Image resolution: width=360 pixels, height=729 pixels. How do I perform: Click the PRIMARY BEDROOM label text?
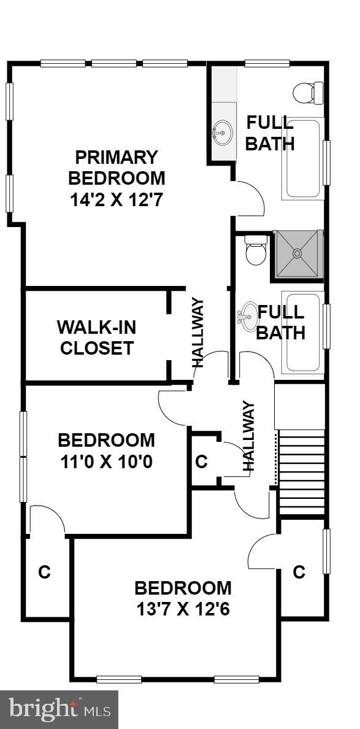click(x=117, y=168)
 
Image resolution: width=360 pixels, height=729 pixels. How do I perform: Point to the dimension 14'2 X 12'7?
click(x=117, y=199)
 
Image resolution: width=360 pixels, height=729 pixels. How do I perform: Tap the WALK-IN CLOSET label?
click(x=96, y=337)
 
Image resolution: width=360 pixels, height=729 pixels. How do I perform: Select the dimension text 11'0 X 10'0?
click(x=107, y=461)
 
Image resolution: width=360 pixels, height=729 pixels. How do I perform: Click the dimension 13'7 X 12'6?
click(x=183, y=609)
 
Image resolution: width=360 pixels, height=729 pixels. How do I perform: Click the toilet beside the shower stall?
click(x=255, y=252)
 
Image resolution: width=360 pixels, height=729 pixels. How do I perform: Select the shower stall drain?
click(x=297, y=252)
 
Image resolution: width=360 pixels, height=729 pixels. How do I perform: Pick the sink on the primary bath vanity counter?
click(x=223, y=131)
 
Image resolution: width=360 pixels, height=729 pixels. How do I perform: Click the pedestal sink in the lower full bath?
click(x=247, y=315)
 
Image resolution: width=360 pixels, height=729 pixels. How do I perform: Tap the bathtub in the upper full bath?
click(x=302, y=159)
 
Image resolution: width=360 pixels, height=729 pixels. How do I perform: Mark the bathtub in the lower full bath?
click(x=302, y=333)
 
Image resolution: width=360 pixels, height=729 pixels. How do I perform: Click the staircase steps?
click(x=301, y=472)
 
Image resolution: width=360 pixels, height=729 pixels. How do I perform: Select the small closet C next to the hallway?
click(x=201, y=461)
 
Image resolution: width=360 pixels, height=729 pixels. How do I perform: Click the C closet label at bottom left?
click(x=44, y=572)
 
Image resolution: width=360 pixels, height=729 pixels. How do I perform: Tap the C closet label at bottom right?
click(x=299, y=572)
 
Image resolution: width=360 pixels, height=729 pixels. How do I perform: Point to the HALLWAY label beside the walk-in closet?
click(x=197, y=332)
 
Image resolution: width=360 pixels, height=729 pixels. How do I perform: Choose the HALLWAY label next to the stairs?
click(x=248, y=435)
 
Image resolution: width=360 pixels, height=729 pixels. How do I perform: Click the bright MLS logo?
click(x=59, y=710)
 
